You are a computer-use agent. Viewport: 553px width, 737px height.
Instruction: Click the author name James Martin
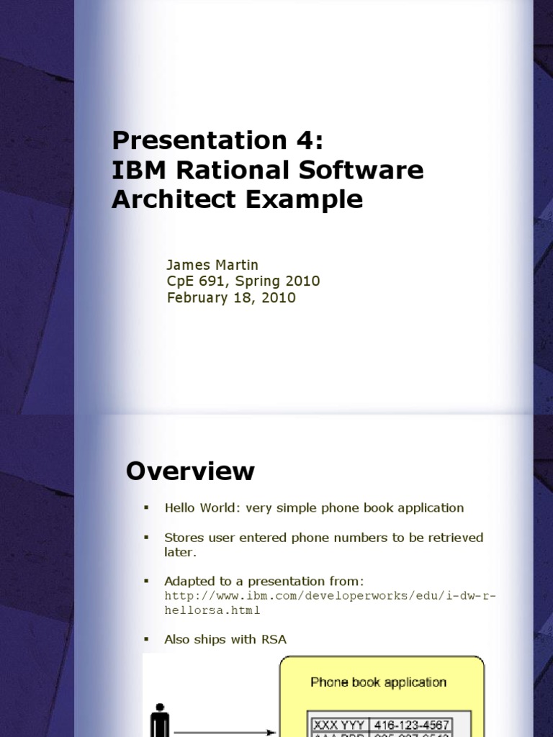click(x=212, y=265)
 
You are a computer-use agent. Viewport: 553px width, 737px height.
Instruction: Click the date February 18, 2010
click(x=231, y=297)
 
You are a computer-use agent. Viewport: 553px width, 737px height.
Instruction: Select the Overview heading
click(x=190, y=471)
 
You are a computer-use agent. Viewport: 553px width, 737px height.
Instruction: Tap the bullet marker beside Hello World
click(x=146, y=508)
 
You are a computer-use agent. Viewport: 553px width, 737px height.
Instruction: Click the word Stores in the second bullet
click(x=183, y=538)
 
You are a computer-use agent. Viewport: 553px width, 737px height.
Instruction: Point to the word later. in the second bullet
click(x=180, y=552)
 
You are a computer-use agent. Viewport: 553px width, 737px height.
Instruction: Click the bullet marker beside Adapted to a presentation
click(x=146, y=582)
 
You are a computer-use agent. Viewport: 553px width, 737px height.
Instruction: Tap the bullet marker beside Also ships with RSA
click(x=146, y=640)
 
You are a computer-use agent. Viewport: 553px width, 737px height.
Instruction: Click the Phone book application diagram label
click(x=378, y=682)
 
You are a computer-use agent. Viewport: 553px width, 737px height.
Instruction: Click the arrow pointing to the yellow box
click(x=223, y=733)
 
